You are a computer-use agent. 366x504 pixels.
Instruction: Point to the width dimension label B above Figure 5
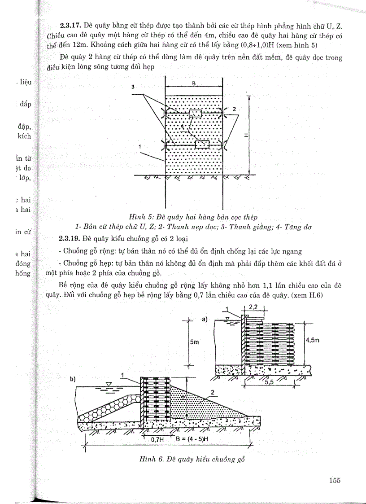[194, 83]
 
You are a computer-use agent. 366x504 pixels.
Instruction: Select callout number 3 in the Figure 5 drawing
[134, 88]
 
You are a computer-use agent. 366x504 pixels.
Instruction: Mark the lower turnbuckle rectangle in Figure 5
[202, 144]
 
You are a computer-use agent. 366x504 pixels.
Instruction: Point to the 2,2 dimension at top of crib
[255, 307]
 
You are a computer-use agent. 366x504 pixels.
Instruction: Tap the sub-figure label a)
[206, 319]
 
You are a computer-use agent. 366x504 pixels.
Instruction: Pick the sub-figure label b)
[73, 379]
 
